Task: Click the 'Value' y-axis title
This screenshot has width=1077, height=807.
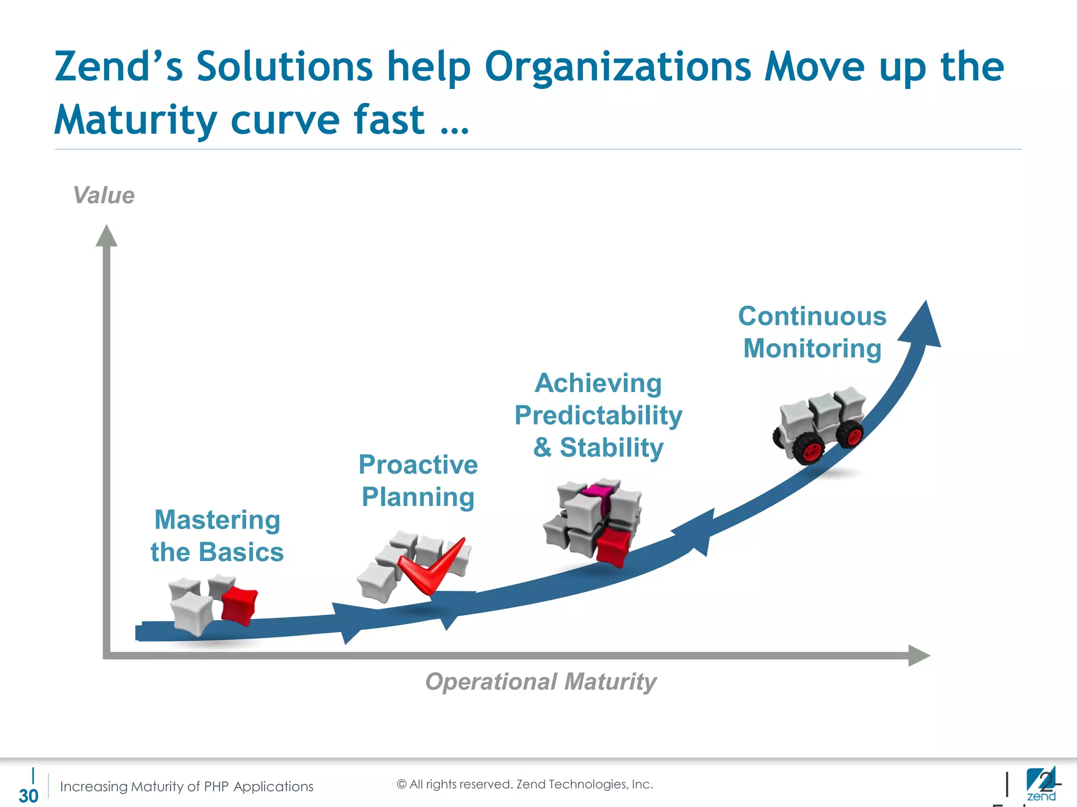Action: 104,195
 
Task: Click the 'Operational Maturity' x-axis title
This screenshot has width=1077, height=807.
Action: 541,681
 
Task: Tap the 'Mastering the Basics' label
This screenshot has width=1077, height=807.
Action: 217,535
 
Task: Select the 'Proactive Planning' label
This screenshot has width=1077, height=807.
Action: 418,480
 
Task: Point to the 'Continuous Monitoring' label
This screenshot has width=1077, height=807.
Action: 812,332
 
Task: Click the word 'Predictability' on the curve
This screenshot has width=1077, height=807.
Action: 598,416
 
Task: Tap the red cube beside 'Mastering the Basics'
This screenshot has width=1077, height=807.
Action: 239,605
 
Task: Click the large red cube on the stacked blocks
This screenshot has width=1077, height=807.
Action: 613,546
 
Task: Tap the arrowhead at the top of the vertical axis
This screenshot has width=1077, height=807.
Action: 106,236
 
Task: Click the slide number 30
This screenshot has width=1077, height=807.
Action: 28,795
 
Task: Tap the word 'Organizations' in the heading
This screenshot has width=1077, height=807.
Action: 617,67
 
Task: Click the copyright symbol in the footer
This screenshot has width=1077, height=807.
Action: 401,784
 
